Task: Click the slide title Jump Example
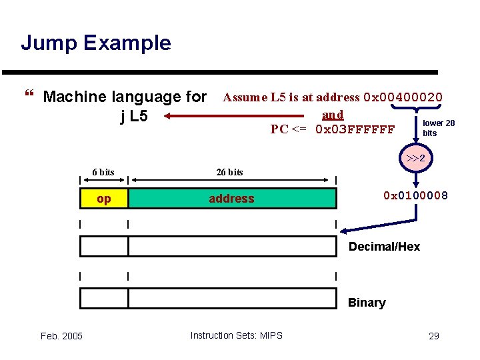pyautogui.click(x=96, y=43)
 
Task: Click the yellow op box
pyautogui.click(x=104, y=199)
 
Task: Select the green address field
pyautogui.click(x=232, y=199)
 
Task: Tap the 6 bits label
pyautogui.click(x=103, y=172)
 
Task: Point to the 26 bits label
pyautogui.click(x=230, y=172)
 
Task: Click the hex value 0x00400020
pyautogui.click(x=403, y=97)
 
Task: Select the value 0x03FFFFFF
pyautogui.click(x=355, y=129)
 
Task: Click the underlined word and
pyautogui.click(x=333, y=114)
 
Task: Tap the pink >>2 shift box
pyautogui.click(x=416, y=159)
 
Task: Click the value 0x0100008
pyautogui.click(x=416, y=195)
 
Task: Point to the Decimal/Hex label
pyautogui.click(x=385, y=247)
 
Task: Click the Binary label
pyautogui.click(x=367, y=303)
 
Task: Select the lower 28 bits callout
pyautogui.click(x=438, y=128)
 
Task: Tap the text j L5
pyautogui.click(x=134, y=117)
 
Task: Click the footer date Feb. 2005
pyautogui.click(x=61, y=335)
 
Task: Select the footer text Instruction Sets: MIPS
pyautogui.click(x=236, y=335)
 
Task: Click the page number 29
pyautogui.click(x=433, y=335)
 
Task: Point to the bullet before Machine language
pyautogui.click(x=27, y=97)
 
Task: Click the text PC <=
pyautogui.click(x=289, y=129)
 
